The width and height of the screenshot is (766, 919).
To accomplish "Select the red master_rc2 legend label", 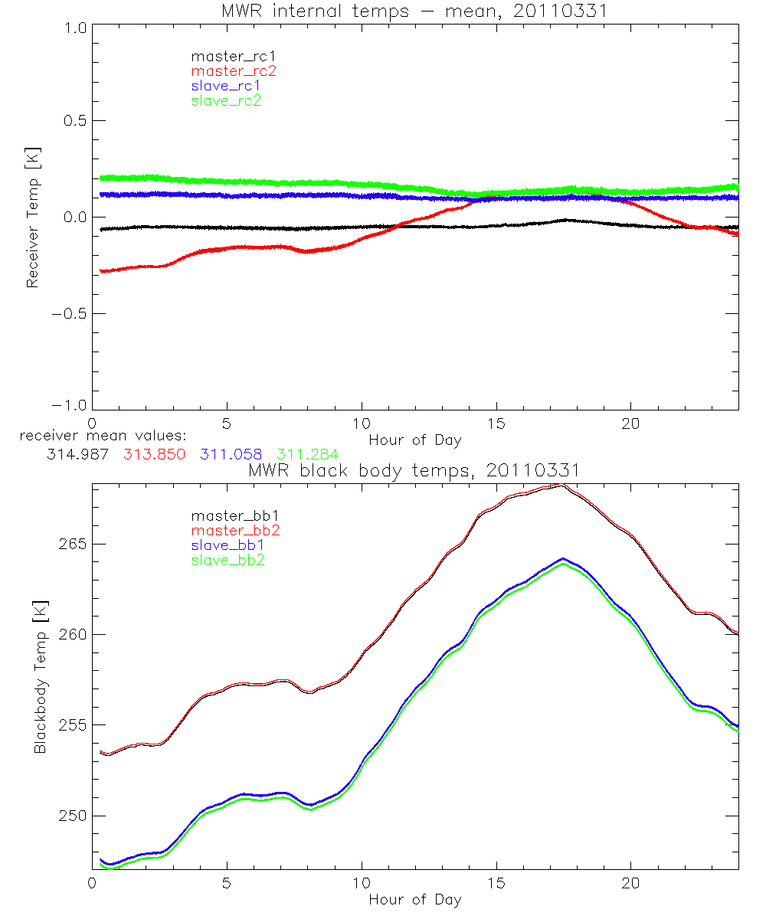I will tap(234, 70).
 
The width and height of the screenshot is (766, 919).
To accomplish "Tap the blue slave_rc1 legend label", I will tap(226, 85).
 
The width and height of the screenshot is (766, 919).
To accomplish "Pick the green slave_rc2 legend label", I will tap(226, 100).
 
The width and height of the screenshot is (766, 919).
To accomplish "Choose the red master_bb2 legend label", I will tap(234, 530).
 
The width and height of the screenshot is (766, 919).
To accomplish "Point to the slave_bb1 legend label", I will tap(226, 545).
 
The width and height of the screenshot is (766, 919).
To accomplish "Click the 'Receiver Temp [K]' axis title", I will tap(33, 217).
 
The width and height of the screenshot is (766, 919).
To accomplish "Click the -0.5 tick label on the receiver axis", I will tap(69, 314).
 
